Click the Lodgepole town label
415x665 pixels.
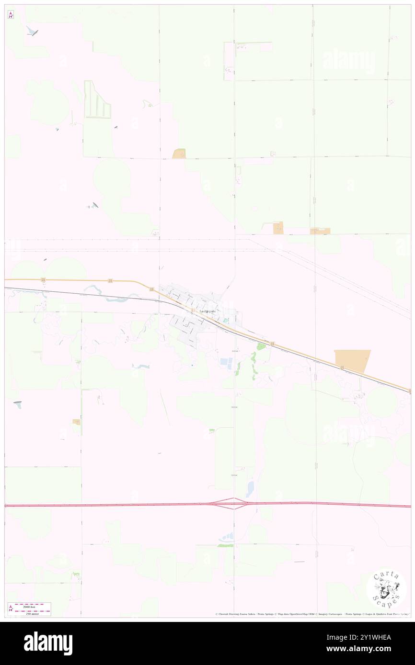point(207,311)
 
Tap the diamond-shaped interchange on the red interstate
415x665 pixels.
point(234,503)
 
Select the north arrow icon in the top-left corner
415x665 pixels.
point(11,15)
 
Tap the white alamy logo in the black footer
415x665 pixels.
point(48,643)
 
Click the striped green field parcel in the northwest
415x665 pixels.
point(97,100)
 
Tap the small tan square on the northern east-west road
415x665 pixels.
point(179,154)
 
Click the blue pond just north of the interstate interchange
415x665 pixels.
point(250,489)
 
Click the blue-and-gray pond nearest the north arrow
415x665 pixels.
point(32,32)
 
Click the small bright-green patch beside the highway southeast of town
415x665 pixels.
point(261,346)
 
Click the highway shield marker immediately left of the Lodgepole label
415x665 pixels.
point(193,311)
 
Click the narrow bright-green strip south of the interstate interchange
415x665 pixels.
point(226,545)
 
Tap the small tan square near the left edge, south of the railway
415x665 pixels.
point(76,421)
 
